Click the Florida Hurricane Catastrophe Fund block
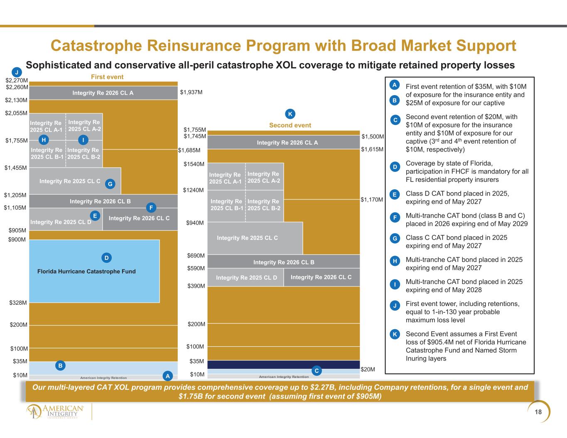(94, 271)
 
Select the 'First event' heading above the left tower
(107, 77)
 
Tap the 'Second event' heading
(290, 125)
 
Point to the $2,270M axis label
(17, 80)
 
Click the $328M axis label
(18, 303)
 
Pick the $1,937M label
(191, 92)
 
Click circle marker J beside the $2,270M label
(17, 72)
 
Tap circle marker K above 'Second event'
(290, 114)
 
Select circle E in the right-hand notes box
(395, 194)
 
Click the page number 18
(538, 412)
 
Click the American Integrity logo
(55, 411)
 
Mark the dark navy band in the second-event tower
(284, 365)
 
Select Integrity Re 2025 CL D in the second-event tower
(245, 277)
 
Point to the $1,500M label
(373, 137)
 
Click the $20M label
(368, 369)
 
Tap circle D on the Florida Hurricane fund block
(106, 258)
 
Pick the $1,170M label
(372, 200)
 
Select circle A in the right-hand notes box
(395, 85)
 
